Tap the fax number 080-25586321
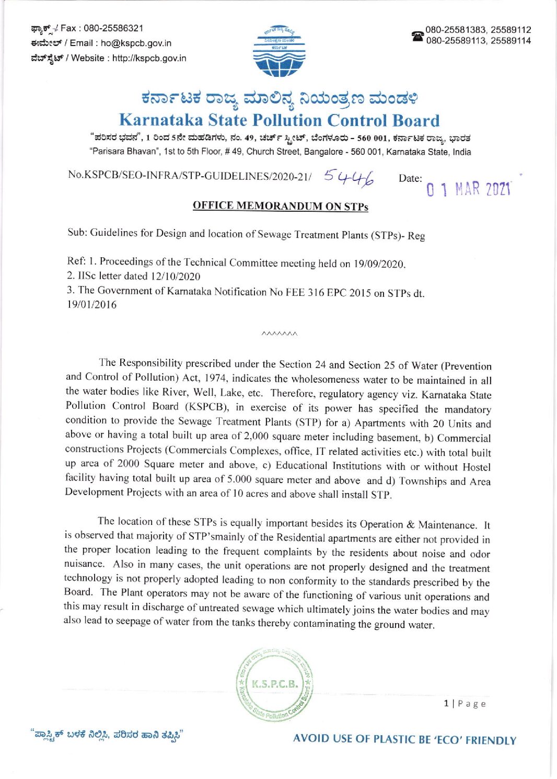[x=113, y=28]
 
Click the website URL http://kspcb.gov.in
[x=149, y=58]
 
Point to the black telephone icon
[x=417, y=36]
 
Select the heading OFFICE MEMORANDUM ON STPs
[x=280, y=206]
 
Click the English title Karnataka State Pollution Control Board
[x=279, y=120]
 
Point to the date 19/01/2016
[x=91, y=305]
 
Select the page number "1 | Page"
[x=465, y=704]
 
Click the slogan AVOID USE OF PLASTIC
[x=404, y=739]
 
